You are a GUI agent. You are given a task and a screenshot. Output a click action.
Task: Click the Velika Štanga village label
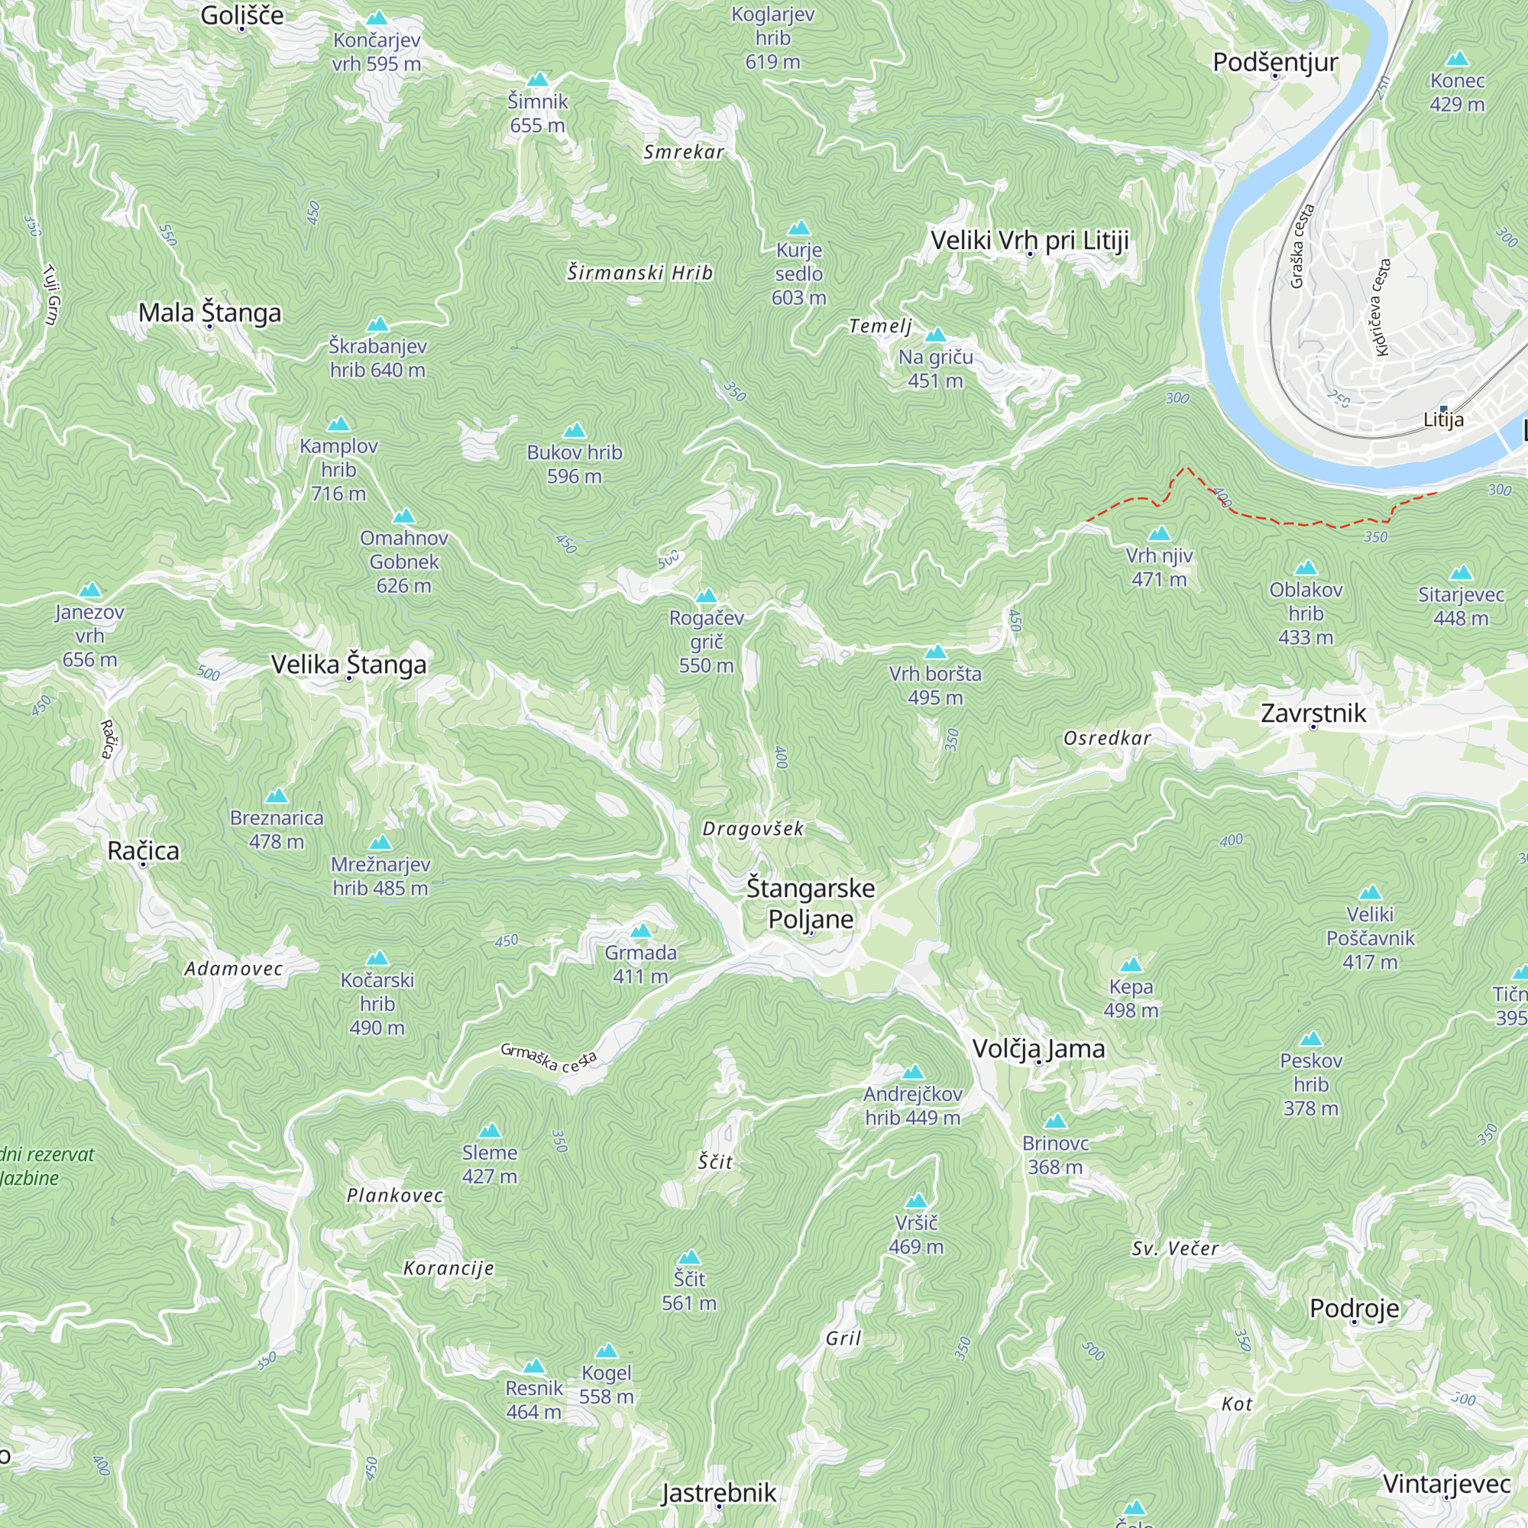tap(349, 665)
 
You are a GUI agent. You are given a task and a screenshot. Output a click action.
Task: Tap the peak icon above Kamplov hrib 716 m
tap(338, 424)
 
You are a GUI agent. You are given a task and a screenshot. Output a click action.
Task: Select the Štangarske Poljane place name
tap(811, 903)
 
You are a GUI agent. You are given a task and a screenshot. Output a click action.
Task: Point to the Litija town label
tap(1443, 420)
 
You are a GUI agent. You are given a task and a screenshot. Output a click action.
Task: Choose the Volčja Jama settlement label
tap(1038, 1049)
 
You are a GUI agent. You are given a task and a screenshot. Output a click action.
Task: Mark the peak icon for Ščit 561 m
tap(689, 1258)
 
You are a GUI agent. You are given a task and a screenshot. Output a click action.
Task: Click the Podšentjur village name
tap(1275, 63)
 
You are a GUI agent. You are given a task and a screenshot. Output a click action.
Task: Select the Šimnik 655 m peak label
tap(538, 113)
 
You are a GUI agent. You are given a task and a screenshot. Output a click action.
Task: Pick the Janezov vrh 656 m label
tap(89, 635)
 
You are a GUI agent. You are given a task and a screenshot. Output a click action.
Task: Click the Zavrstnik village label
tap(1313, 714)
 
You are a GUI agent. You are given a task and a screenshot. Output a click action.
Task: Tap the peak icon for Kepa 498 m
tap(1131, 965)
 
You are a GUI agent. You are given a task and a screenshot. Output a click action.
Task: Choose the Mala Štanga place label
tap(209, 312)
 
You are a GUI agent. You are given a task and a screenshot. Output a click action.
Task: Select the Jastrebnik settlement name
tap(719, 1492)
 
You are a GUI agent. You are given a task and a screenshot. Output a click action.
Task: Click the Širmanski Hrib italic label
tap(639, 273)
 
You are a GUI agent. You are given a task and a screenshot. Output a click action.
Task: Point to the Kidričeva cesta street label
tap(1381, 307)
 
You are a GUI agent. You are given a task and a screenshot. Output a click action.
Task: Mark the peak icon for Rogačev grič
tap(706, 597)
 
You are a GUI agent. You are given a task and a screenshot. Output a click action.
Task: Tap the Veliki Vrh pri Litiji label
tap(1029, 241)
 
